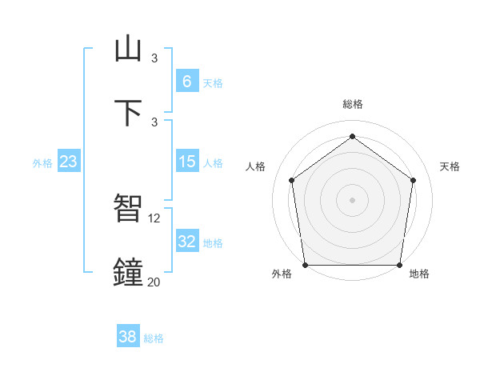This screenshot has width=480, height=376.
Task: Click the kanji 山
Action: [128, 49]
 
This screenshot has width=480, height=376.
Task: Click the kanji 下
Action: [128, 113]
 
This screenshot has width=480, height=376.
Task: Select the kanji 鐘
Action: [128, 272]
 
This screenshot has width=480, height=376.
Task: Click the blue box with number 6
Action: [186, 81]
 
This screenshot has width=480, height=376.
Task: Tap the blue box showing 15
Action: [186, 162]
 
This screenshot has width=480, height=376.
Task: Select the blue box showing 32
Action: [186, 241]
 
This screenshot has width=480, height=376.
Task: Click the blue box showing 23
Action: [68, 162]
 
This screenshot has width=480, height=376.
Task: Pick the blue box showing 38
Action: [128, 337]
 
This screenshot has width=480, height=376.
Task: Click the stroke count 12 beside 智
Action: [155, 218]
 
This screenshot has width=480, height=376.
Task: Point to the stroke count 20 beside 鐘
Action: [154, 282]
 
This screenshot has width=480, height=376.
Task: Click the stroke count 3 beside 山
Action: [154, 58]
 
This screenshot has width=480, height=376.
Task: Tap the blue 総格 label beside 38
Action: [154, 338]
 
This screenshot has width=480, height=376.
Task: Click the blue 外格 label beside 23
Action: [42, 163]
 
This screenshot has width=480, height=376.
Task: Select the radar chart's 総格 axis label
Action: [353, 104]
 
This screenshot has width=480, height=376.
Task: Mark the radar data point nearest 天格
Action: [414, 180]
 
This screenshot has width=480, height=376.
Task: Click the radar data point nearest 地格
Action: [399, 265]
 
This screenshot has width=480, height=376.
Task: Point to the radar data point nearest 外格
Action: [306, 265]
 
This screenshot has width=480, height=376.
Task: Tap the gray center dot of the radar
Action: [353, 199]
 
